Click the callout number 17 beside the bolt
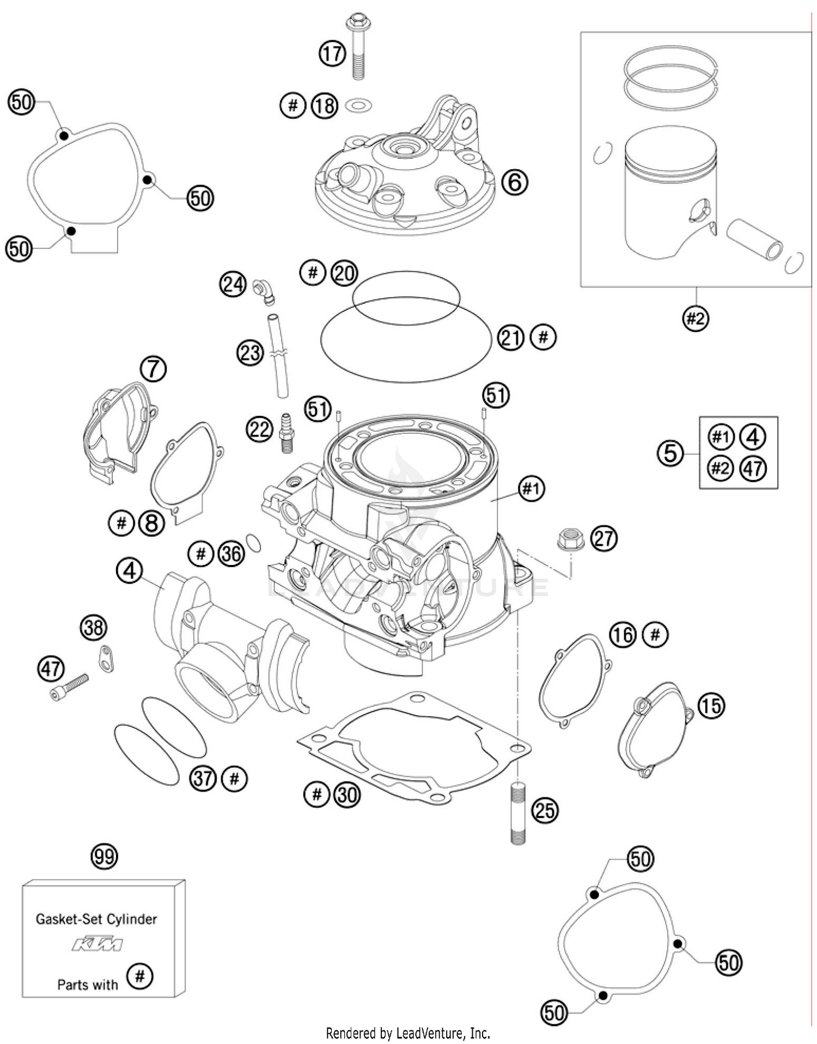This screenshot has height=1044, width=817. click(332, 54)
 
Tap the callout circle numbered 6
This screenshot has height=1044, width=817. click(514, 182)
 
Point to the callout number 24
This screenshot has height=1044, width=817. click(233, 284)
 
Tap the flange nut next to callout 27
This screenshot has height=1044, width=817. click(570, 539)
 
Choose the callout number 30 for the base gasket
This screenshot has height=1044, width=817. click(347, 795)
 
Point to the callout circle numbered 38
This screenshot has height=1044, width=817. click(94, 628)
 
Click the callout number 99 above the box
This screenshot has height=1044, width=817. click(104, 857)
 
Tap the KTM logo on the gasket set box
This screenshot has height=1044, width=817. click(97, 944)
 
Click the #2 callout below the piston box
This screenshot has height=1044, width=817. click(696, 318)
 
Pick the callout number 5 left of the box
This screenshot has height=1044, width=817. click(670, 453)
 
